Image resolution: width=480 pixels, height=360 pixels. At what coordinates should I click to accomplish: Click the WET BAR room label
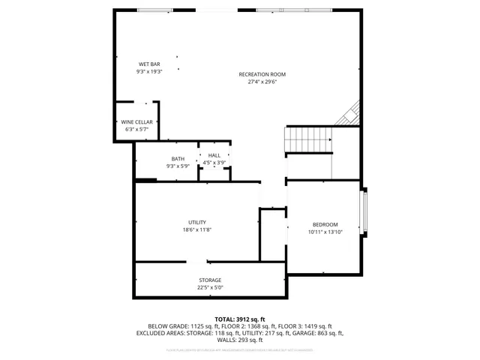click(x=149, y=64)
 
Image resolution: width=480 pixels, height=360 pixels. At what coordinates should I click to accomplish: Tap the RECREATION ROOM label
click(x=262, y=74)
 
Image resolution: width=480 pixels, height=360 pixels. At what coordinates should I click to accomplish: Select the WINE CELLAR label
click(x=136, y=122)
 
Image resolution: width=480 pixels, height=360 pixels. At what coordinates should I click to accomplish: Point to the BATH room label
click(x=178, y=158)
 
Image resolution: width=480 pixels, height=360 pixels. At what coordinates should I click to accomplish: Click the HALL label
click(x=214, y=155)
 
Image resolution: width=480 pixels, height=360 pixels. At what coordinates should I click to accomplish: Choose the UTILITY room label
click(x=197, y=223)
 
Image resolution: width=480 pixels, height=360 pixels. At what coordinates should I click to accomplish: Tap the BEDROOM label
click(x=325, y=225)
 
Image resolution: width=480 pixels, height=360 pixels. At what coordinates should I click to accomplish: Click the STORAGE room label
click(x=210, y=280)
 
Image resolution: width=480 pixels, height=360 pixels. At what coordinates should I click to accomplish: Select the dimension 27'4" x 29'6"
click(x=262, y=82)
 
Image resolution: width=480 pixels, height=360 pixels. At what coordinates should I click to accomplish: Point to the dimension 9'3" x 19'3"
click(x=149, y=72)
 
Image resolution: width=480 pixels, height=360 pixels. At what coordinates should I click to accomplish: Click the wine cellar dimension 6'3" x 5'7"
click(x=136, y=130)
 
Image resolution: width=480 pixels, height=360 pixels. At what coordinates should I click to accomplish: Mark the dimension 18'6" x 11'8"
click(x=197, y=230)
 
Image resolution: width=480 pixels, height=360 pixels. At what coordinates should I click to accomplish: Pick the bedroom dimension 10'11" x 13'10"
click(x=325, y=232)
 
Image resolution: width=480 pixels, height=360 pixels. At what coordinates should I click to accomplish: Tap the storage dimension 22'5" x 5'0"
click(x=210, y=287)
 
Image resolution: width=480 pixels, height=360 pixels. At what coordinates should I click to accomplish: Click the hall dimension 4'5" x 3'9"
click(x=214, y=163)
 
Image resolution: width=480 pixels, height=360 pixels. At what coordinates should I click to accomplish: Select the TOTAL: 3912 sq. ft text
click(x=240, y=319)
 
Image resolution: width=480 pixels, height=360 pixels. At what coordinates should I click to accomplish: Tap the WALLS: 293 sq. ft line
click(x=240, y=340)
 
